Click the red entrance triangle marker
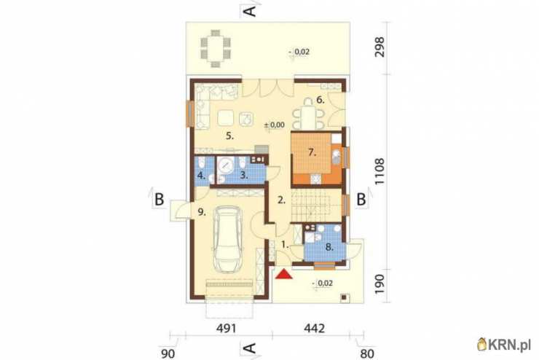283,274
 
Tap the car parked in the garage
227,239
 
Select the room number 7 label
312,152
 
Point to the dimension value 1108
379,171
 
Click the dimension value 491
227,329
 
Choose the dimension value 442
315,329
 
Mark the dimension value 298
379,47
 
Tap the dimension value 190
379,284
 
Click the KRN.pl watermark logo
505,344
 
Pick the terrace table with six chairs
216,49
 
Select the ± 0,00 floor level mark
275,125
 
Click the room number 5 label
229,136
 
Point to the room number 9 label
202,212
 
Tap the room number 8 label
329,247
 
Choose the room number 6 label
320,100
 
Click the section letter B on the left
160,200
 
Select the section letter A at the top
251,11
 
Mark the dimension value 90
168,353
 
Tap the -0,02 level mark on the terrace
299,52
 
